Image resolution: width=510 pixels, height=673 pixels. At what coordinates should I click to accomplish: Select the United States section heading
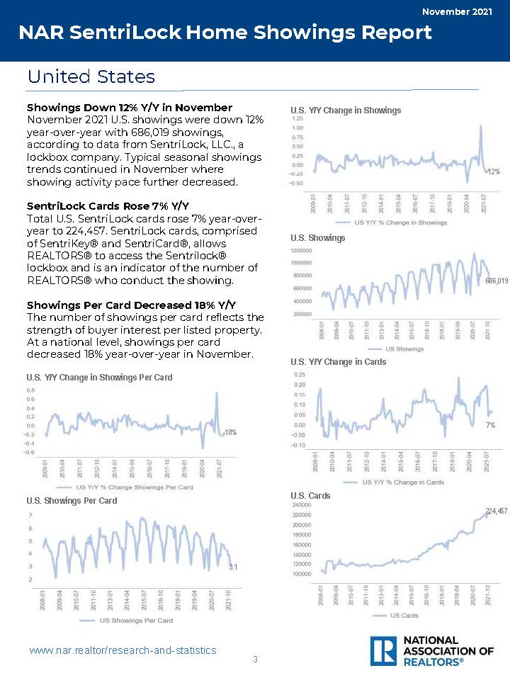91,77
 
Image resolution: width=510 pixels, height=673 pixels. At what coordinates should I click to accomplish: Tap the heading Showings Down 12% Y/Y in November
129,108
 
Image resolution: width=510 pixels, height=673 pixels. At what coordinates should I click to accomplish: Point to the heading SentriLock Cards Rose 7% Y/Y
108,206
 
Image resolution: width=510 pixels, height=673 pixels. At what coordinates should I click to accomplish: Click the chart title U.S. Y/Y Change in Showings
346,110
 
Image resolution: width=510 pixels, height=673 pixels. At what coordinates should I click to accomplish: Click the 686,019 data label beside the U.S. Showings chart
497,281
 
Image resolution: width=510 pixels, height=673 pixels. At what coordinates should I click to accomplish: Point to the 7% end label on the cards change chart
490,425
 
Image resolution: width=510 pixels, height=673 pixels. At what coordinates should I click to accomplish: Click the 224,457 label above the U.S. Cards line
496,511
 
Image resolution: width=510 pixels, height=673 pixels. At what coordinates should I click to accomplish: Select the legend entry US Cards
405,615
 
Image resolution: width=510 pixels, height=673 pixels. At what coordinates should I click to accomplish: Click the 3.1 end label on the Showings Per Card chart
232,567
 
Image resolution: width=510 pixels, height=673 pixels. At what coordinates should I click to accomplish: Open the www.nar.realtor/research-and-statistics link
123,650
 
